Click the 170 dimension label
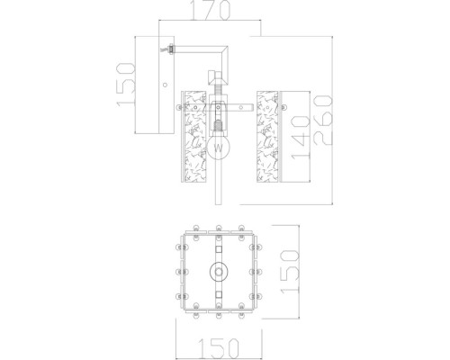point(211,10)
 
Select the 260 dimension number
point(323,121)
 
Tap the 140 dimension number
point(301,138)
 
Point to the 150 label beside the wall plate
point(126,85)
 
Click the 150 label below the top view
point(219,348)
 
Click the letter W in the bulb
point(219,148)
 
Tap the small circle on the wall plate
point(165,85)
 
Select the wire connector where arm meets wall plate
point(170,49)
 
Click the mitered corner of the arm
point(224,49)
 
